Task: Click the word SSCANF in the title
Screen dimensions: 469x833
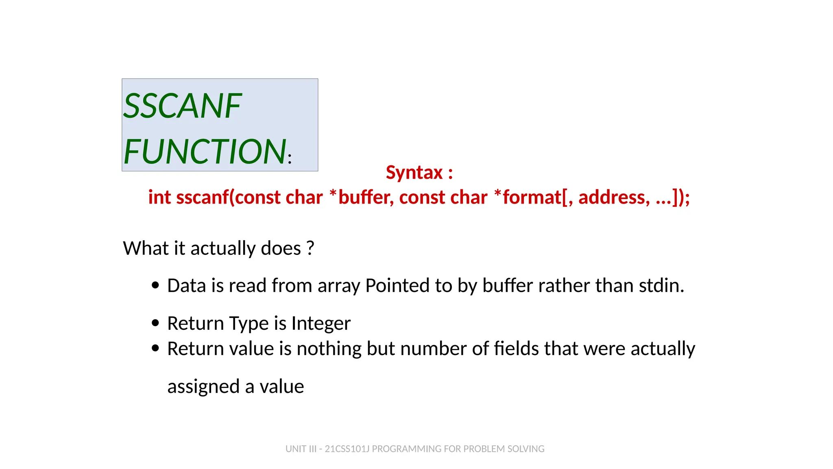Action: tap(183, 106)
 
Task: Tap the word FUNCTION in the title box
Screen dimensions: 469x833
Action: tap(205, 151)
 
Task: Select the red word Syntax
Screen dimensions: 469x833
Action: tap(414, 173)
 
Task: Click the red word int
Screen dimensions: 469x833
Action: tap(159, 197)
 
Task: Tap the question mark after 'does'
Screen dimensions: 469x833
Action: tap(310, 248)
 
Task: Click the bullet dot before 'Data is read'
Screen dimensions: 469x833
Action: tap(155, 285)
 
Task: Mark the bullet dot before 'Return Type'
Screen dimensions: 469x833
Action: tap(155, 323)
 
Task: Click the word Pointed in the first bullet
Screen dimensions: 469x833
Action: tap(397, 285)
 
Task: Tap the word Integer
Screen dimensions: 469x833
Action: tap(321, 323)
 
